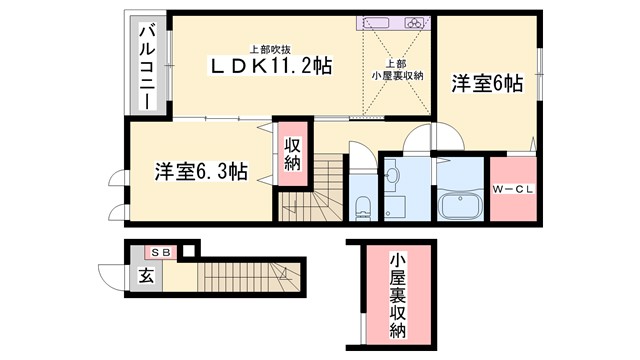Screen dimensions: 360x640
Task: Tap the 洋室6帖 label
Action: [x=485, y=83]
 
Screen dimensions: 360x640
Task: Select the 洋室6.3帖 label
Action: [x=201, y=170]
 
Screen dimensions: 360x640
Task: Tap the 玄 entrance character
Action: [x=144, y=275]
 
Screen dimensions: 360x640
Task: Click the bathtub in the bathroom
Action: [x=461, y=208]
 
